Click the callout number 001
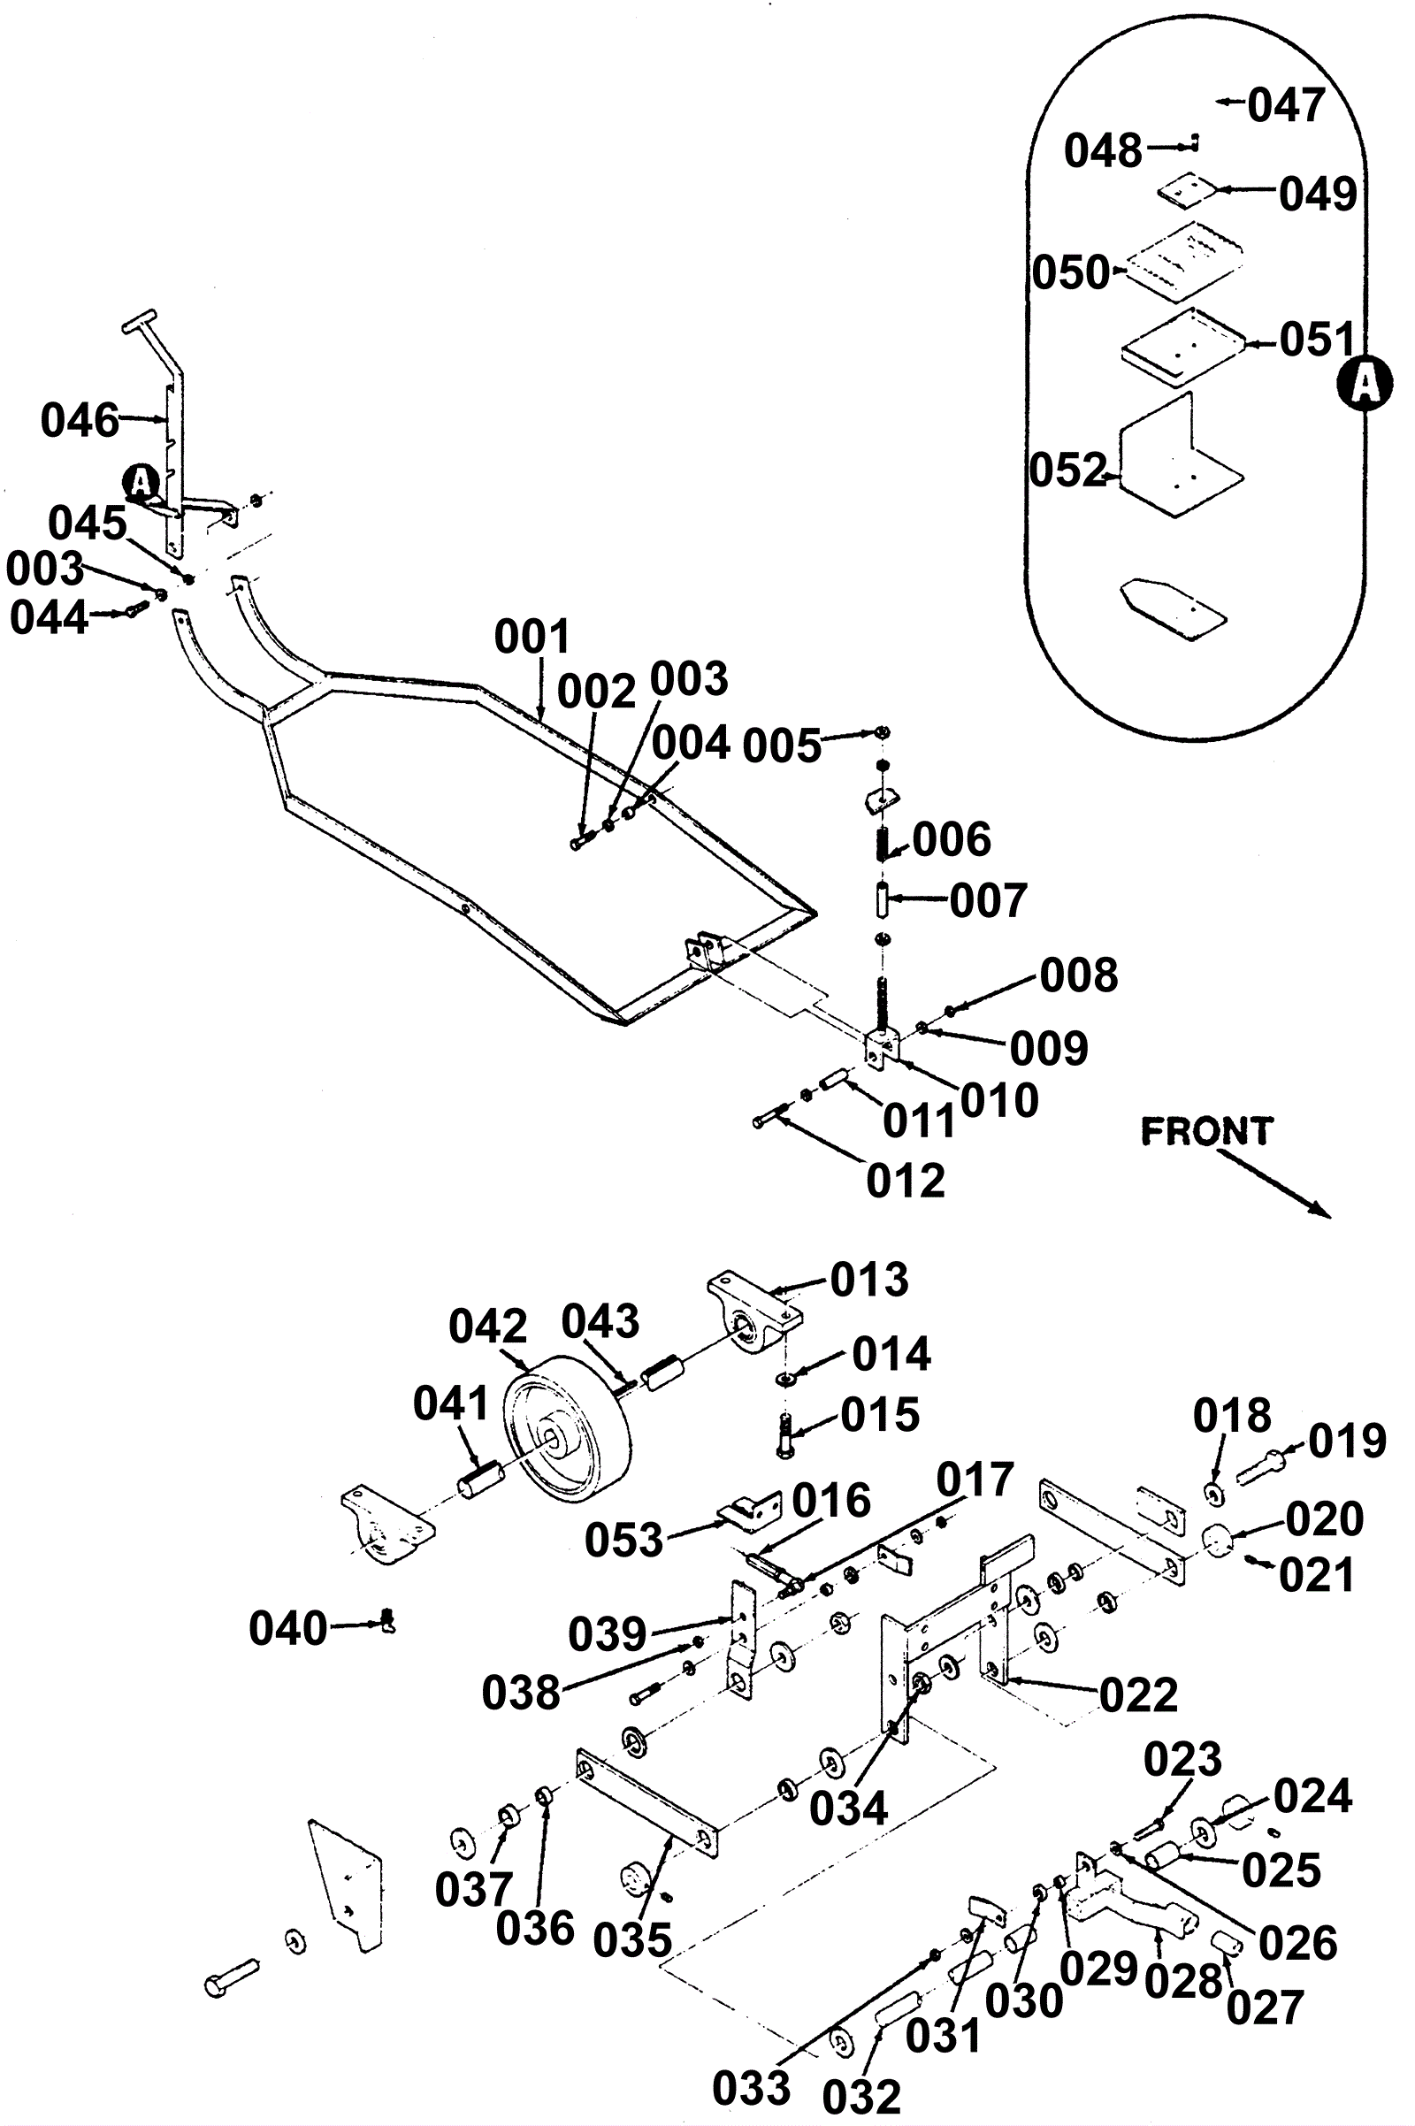pos(532,637)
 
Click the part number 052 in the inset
pos(1068,470)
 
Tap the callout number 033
pos(751,2063)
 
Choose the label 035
pos(632,1940)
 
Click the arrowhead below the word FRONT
pos(1321,1211)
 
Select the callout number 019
pos(1347,1442)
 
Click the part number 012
pos(905,1181)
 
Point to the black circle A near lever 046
pos(141,481)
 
